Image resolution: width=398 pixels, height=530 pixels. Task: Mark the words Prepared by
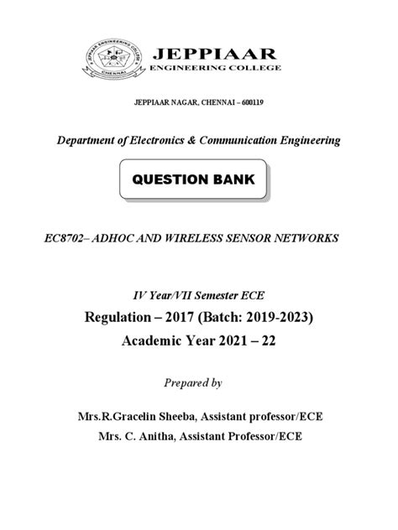[192, 382]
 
